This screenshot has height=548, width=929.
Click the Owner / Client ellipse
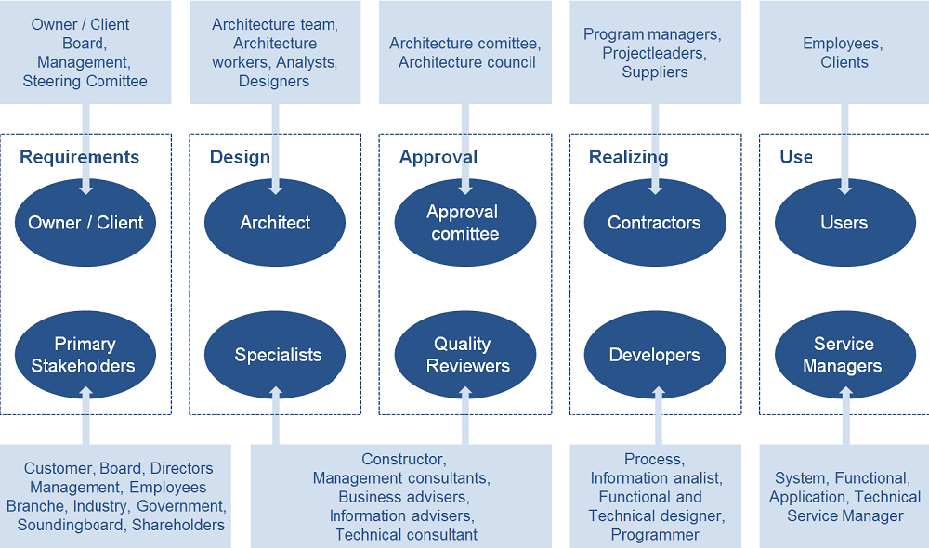[x=85, y=223]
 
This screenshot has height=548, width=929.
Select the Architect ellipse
[x=275, y=223]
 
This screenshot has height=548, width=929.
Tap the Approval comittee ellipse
[x=465, y=223]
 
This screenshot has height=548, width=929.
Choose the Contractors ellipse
[x=655, y=223]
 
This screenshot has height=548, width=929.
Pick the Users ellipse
[x=844, y=223]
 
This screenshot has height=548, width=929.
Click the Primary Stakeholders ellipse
[x=85, y=355]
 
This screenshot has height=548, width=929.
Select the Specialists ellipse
[x=275, y=355]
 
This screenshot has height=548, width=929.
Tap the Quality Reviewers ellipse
[x=465, y=355]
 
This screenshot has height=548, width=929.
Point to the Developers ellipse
[x=655, y=355]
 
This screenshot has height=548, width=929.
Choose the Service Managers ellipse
[x=844, y=355]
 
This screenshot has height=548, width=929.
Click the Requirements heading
[x=79, y=157]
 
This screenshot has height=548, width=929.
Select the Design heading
[x=240, y=157]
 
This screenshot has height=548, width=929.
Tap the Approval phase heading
[x=438, y=157]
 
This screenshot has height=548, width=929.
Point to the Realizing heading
[x=629, y=157]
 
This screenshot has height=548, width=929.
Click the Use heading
[x=796, y=156]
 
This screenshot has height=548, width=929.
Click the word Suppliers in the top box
[x=655, y=72]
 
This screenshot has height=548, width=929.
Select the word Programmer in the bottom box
[x=655, y=535]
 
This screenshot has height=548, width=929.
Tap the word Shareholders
[x=178, y=525]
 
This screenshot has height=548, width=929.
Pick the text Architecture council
[x=467, y=62]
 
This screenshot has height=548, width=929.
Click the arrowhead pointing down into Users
[x=844, y=189]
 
